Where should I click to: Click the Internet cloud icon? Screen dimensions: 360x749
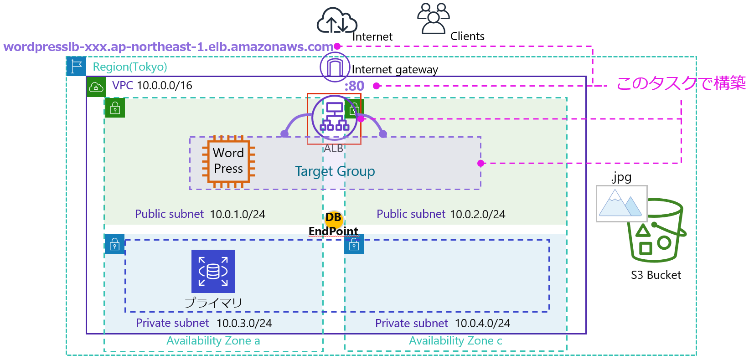tap(336, 21)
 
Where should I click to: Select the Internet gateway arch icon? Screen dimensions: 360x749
tap(335, 67)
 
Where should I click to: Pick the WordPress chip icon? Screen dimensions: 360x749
tap(228, 161)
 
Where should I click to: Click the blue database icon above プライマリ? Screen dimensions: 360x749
tap(213, 271)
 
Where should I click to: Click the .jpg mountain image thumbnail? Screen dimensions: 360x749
tap(621, 204)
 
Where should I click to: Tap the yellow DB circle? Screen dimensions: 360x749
tap(334, 218)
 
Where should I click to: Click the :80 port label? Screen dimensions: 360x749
tap(354, 86)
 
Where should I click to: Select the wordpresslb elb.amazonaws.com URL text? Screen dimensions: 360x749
tap(168, 47)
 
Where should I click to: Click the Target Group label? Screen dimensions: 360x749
tap(335, 171)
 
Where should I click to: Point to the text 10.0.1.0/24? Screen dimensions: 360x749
tap(238, 214)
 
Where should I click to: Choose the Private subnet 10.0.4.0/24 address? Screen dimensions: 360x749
tap(482, 324)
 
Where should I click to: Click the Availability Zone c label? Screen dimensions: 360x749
tap(455, 341)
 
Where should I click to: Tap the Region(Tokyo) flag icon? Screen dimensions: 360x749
tap(76, 67)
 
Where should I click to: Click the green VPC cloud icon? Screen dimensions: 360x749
tap(96, 87)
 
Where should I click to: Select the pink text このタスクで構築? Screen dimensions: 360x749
tap(681, 83)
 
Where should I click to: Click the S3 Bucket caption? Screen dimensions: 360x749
tap(656, 275)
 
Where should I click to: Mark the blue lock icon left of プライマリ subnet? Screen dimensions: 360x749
tap(114, 244)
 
